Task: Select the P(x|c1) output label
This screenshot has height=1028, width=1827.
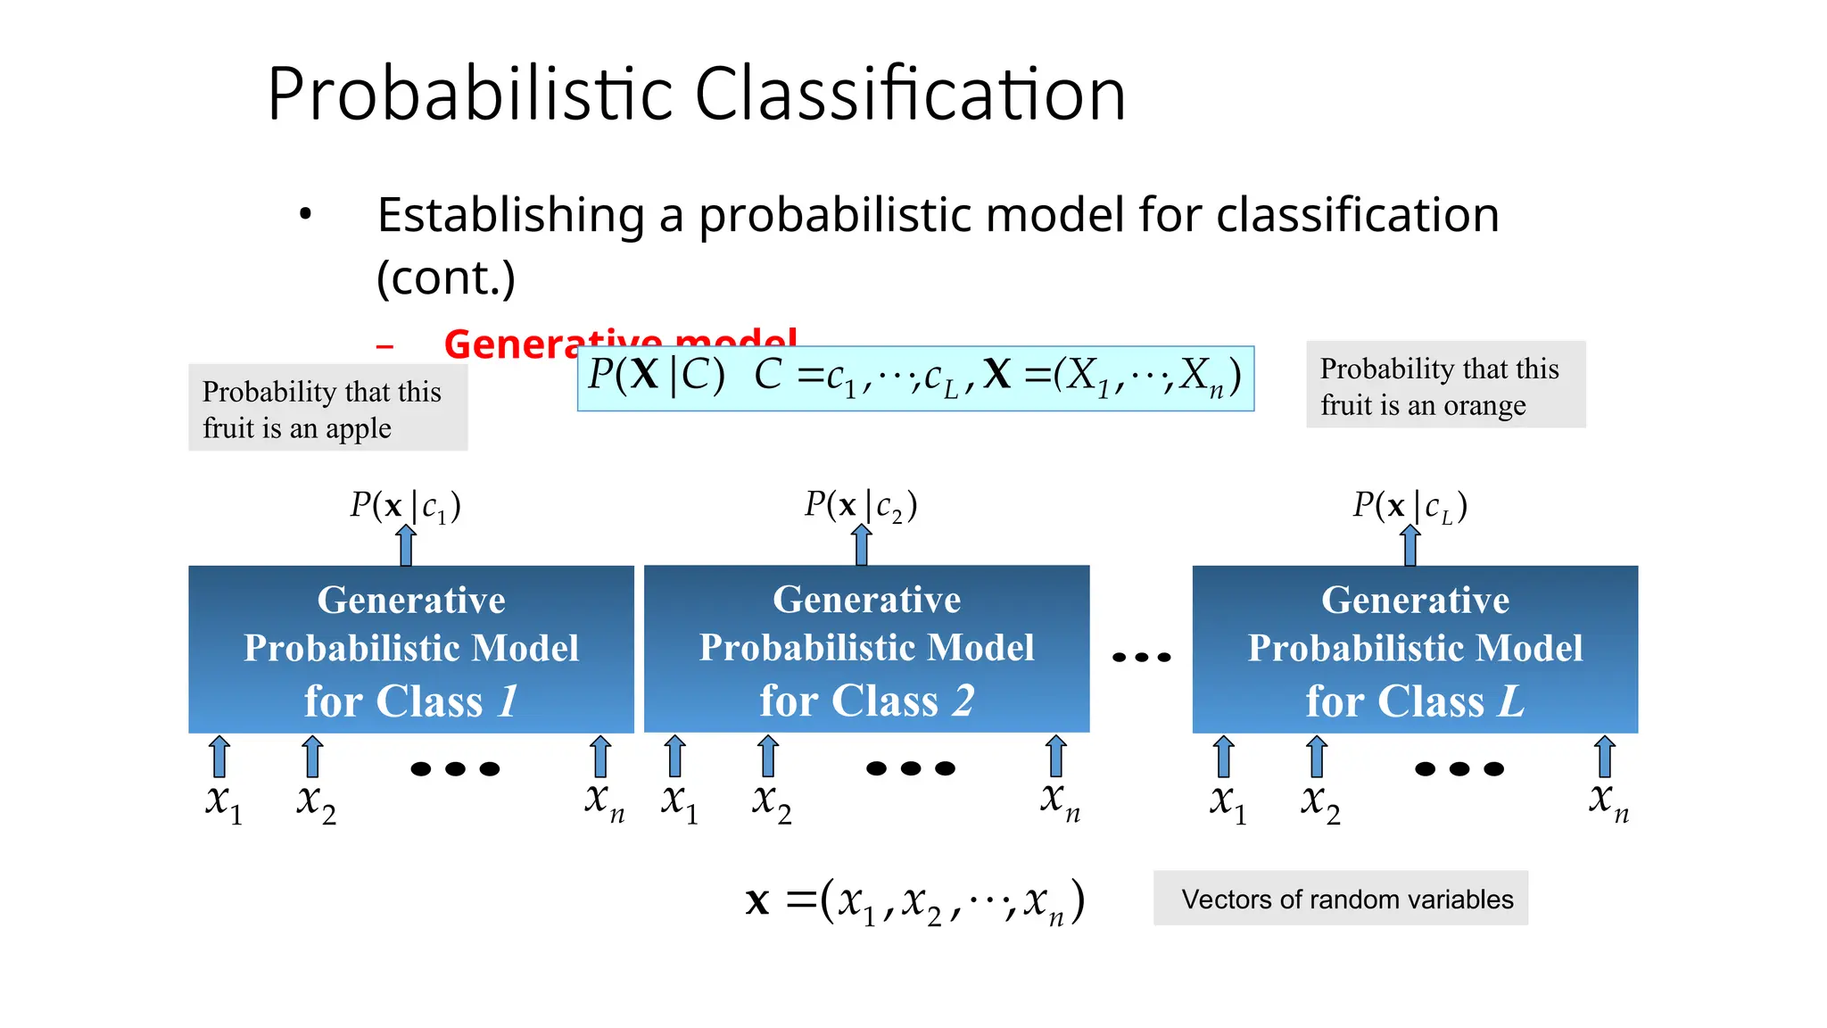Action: pyautogui.click(x=405, y=506)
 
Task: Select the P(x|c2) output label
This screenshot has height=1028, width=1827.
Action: pyautogui.click(x=860, y=505)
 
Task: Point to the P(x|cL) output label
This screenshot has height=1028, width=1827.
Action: pyautogui.click(x=1410, y=506)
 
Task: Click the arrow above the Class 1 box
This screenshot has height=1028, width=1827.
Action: pyautogui.click(x=406, y=545)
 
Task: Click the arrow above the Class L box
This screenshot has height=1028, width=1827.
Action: pyautogui.click(x=1410, y=545)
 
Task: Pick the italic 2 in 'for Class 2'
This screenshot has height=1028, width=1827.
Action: pyautogui.click(x=963, y=701)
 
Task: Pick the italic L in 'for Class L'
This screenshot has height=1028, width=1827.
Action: pyautogui.click(x=1510, y=701)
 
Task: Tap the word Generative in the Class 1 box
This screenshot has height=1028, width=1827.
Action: pyautogui.click(x=411, y=601)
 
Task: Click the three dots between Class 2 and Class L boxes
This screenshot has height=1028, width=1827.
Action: pyautogui.click(x=1141, y=658)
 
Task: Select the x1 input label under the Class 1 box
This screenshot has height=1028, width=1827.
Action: pyautogui.click(x=223, y=801)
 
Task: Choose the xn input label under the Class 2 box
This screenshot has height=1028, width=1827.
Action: pyautogui.click(x=1060, y=800)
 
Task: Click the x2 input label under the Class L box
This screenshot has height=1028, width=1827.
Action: pyautogui.click(x=1319, y=801)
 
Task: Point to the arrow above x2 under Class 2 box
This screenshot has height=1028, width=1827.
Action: pyautogui.click(x=768, y=757)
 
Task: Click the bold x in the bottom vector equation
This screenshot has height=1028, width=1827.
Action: pyautogui.click(x=757, y=901)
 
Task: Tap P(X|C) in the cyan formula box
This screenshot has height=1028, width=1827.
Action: pyautogui.click(x=656, y=376)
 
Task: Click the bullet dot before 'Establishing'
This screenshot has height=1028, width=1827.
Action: pyautogui.click(x=306, y=214)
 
